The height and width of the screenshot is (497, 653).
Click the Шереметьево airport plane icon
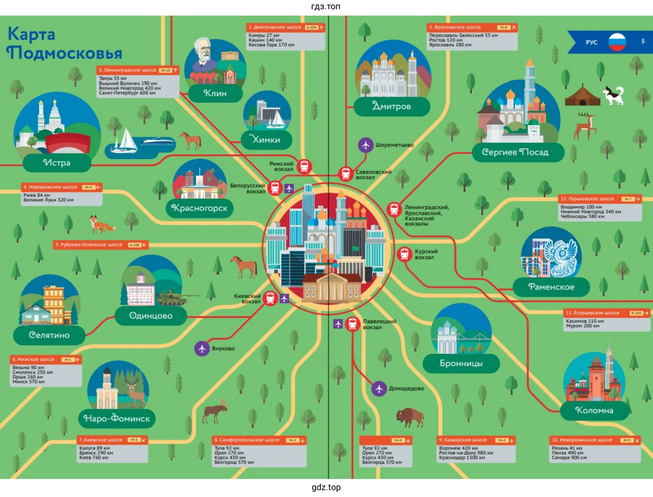(x=365, y=145)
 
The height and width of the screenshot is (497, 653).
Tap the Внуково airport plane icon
(x=202, y=348)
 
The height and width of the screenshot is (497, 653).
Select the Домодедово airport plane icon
(x=379, y=388)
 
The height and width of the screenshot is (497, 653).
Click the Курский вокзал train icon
(x=404, y=254)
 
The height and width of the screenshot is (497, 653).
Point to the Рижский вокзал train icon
(x=304, y=166)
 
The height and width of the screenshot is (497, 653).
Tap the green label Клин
(x=215, y=93)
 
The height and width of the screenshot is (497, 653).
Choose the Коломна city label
(x=594, y=410)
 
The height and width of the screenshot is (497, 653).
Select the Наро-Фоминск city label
(x=117, y=418)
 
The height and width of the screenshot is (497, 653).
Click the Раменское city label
(x=551, y=287)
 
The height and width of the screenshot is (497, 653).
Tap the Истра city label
(x=57, y=163)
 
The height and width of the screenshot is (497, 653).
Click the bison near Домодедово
(x=409, y=416)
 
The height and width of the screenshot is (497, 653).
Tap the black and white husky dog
(x=614, y=95)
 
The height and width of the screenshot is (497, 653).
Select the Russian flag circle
(x=617, y=42)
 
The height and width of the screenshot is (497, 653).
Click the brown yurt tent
(x=582, y=96)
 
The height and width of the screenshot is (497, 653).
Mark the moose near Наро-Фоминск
(x=215, y=412)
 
